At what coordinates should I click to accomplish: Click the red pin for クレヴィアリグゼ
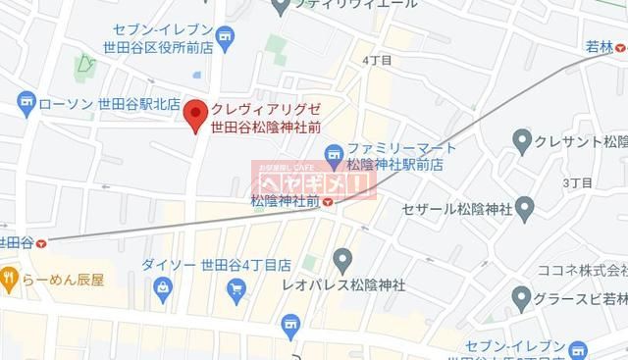pyautogui.click(x=195, y=113)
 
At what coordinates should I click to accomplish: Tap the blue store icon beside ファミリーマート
pyautogui.click(x=334, y=153)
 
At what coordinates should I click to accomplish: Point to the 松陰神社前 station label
pyautogui.click(x=285, y=201)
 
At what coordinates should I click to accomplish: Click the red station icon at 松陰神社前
pyautogui.click(x=329, y=202)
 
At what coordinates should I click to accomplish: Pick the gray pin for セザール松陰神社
pyautogui.click(x=524, y=208)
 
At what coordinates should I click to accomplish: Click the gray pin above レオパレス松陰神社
pyautogui.click(x=342, y=260)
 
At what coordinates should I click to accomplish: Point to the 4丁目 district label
pyautogui.click(x=377, y=61)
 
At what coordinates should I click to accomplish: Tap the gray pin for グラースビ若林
pyautogui.click(x=521, y=297)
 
